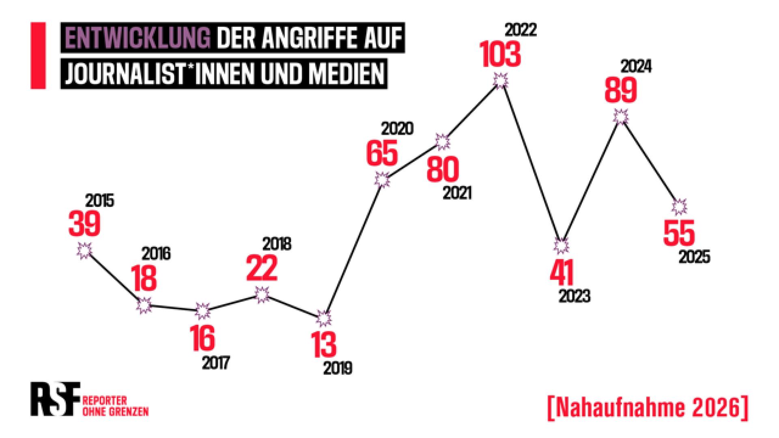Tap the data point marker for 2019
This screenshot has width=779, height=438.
click(324, 319)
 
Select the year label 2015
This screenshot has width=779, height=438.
click(100, 201)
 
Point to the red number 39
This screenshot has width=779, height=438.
click(84, 224)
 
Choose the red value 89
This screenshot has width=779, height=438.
click(620, 90)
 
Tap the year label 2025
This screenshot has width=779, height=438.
click(695, 257)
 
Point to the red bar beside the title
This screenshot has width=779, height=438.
click(38, 56)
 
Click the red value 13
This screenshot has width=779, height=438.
click(323, 344)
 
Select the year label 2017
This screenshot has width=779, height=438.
click(216, 362)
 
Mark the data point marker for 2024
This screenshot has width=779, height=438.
click(620, 117)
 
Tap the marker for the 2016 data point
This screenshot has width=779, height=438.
click(144, 305)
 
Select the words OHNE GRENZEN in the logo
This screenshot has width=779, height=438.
click(115, 412)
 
